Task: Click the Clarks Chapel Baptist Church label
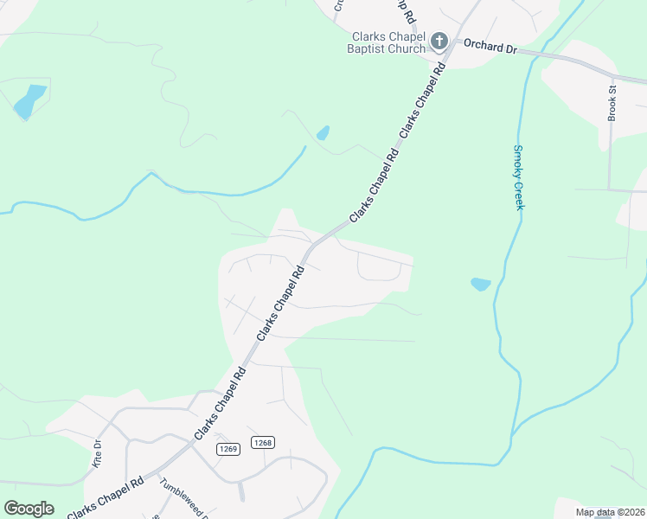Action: click(x=389, y=42)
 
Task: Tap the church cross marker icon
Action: click(x=439, y=41)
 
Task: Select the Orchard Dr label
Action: click(x=490, y=47)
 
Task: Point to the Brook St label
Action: click(x=612, y=102)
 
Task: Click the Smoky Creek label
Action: click(x=519, y=176)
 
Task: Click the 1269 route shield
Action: click(x=228, y=449)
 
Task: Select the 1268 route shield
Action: click(x=263, y=442)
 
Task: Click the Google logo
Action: click(x=29, y=508)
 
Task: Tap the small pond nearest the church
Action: click(x=323, y=133)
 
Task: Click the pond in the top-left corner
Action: click(x=29, y=101)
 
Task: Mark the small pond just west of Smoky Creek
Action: click(x=480, y=284)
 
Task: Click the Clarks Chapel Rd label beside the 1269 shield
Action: click(x=221, y=403)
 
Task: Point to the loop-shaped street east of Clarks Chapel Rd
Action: click(x=379, y=270)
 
